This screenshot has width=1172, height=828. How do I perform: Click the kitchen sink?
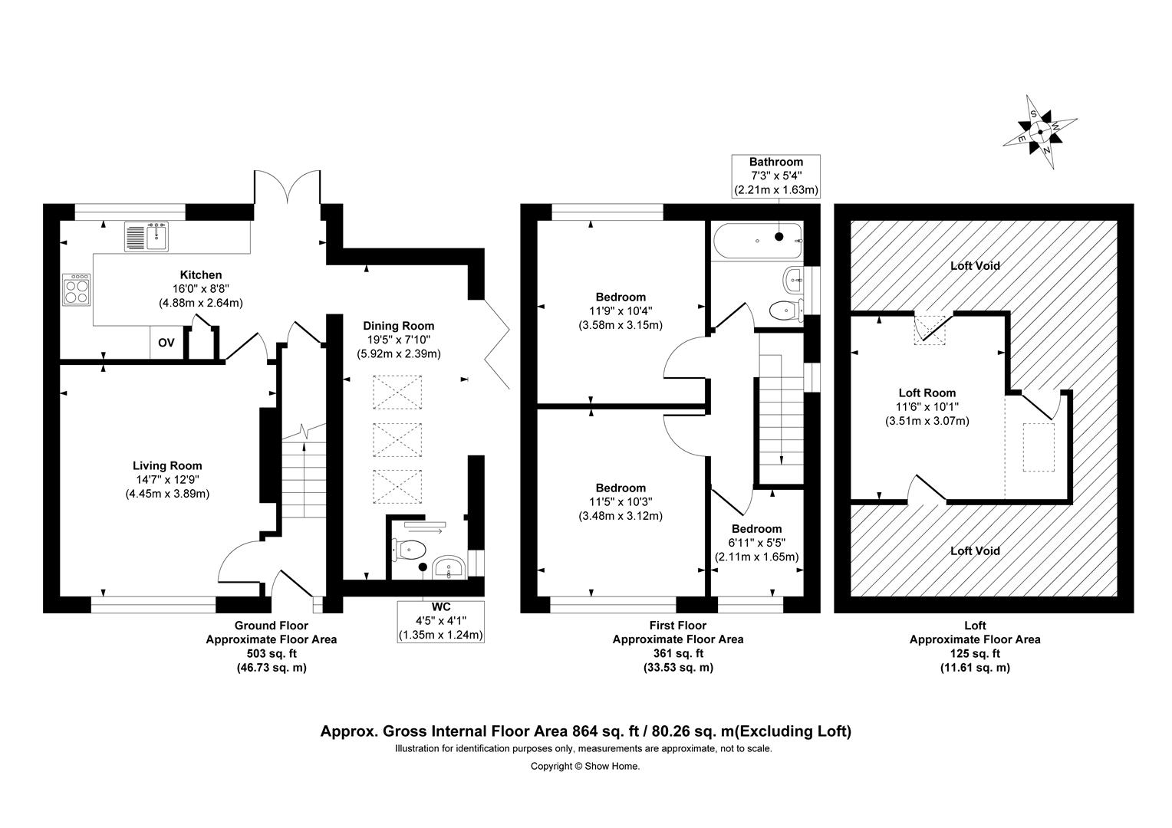[x=147, y=237]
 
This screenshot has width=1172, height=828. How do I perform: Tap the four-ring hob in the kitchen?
[x=77, y=290]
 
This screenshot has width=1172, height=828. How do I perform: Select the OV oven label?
[x=166, y=343]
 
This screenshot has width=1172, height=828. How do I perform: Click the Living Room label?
[x=167, y=465]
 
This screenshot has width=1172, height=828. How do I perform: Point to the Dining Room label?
[x=399, y=326]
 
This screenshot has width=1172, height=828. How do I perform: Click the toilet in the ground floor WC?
[x=409, y=550]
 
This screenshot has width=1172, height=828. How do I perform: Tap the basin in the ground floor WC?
[x=449, y=567]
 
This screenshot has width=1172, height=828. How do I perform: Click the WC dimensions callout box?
[x=440, y=622]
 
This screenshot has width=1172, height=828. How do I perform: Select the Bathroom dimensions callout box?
[x=776, y=176]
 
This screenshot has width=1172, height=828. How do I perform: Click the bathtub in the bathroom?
[x=757, y=241]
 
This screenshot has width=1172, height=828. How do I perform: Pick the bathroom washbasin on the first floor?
[x=794, y=280]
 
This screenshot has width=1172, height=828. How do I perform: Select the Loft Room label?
[x=927, y=393]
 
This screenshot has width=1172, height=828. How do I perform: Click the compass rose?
[x=1040, y=132]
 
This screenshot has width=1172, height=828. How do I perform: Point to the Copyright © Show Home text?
[x=585, y=766]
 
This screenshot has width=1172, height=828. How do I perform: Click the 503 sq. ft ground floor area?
[x=272, y=653]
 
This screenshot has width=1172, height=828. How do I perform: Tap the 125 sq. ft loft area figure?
[x=976, y=653]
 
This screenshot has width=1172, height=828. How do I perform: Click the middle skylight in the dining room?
[x=397, y=439]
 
